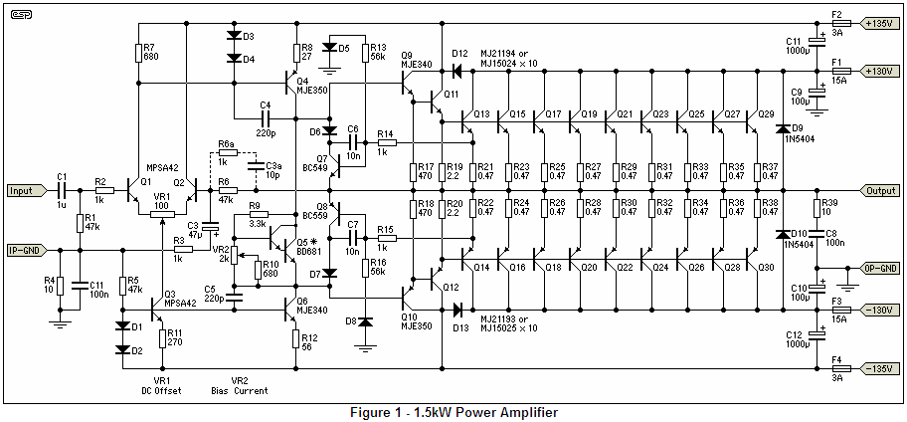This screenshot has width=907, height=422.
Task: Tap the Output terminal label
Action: point(880,190)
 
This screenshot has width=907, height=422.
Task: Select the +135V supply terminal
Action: point(880,24)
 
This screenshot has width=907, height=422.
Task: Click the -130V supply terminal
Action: point(880,311)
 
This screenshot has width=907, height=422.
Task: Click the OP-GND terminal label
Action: point(880,269)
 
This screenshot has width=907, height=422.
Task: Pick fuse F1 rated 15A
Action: point(840,72)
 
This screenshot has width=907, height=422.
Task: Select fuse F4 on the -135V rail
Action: point(840,368)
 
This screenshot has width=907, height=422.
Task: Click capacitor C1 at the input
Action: point(62,190)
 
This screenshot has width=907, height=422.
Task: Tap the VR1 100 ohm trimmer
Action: point(162,215)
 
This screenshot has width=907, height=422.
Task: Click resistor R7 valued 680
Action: point(139,53)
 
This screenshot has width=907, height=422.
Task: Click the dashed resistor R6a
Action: point(228,153)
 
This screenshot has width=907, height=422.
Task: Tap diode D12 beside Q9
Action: point(456,72)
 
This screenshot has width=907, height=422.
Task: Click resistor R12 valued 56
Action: point(296,339)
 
